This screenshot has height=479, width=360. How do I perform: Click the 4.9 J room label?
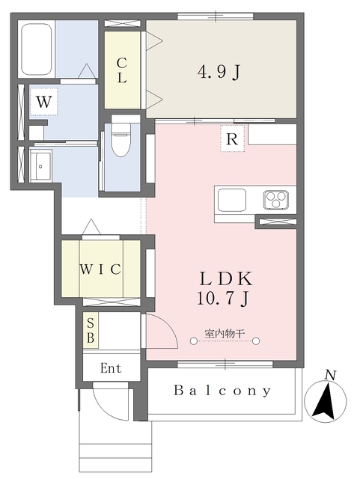click(x=219, y=73)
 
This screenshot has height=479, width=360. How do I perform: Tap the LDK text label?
click(x=226, y=278)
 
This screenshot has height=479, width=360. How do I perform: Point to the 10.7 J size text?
click(x=222, y=298)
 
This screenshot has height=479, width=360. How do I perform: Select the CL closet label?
click(x=122, y=70)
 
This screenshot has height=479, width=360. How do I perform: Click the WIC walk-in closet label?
click(x=100, y=269)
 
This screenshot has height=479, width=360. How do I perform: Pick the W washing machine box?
click(x=43, y=102)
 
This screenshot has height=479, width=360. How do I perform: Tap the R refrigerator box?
click(x=232, y=139)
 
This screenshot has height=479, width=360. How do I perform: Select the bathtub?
click(x=37, y=49)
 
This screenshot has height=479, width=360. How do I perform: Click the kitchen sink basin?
click(x=231, y=200)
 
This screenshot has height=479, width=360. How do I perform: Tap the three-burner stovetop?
click(x=276, y=200)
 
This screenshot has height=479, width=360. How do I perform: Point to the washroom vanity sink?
click(x=40, y=166)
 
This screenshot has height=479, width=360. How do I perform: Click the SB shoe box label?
click(x=91, y=330)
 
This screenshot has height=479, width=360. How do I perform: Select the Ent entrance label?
click(x=111, y=368)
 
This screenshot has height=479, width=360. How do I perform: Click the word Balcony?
click(x=222, y=391)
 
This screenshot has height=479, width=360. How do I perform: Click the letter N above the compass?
click(x=330, y=375)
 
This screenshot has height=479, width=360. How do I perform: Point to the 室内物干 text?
click(x=225, y=334)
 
